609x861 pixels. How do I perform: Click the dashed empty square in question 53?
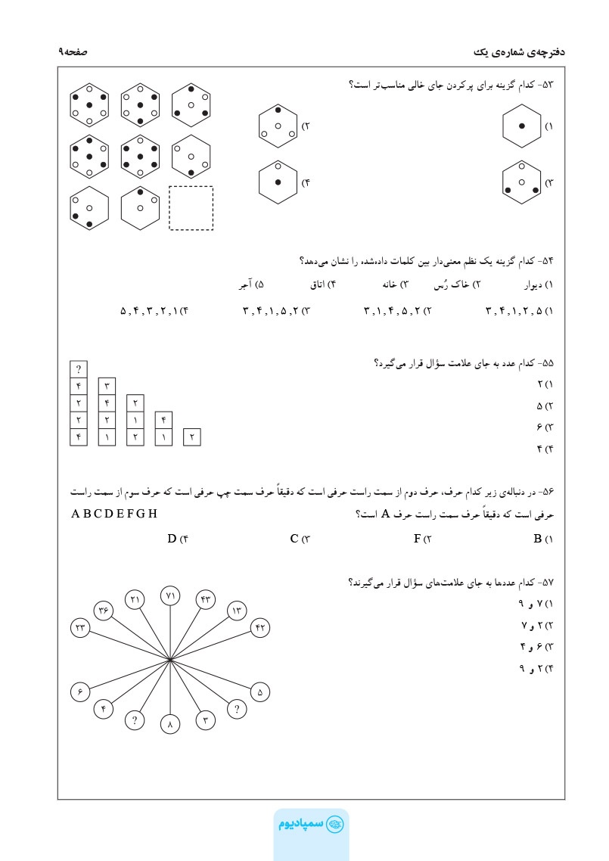191,207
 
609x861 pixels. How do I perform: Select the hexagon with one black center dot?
522,126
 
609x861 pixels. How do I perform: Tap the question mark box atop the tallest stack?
79,370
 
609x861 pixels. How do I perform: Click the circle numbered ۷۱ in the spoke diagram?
170,595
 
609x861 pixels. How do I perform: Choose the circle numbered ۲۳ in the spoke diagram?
79,627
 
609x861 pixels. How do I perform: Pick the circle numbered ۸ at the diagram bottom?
170,724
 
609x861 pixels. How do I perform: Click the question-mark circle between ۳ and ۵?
237,710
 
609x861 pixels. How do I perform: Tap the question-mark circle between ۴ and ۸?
135,720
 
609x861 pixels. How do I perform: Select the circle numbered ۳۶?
104,610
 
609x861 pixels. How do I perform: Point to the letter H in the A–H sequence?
153,514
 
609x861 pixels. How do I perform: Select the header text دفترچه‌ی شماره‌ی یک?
519,51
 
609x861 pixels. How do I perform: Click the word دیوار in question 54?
533,285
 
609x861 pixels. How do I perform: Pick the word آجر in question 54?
244,285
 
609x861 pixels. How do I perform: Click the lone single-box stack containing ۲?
192,437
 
